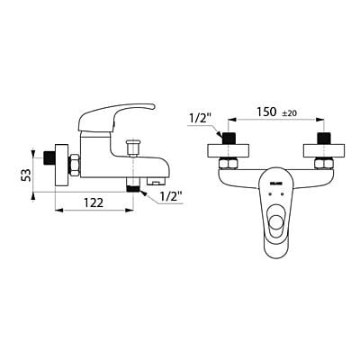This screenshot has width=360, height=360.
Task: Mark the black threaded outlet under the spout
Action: click(134, 185)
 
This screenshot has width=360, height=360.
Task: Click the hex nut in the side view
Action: click(76, 163)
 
